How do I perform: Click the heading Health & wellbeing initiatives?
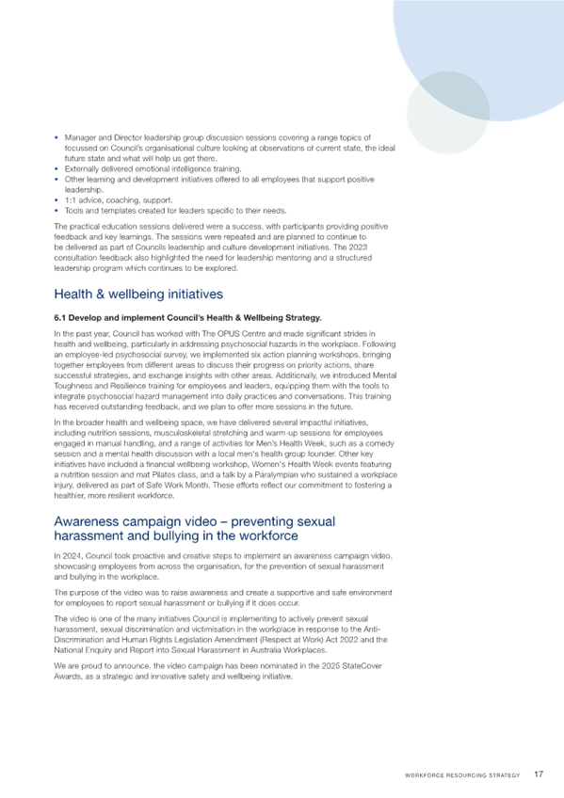click(138, 295)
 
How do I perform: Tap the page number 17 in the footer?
click(539, 774)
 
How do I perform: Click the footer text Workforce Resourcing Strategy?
click(462, 775)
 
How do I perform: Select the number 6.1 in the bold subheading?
click(60, 318)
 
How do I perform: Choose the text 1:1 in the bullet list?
click(71, 200)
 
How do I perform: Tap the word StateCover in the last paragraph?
click(363, 665)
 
